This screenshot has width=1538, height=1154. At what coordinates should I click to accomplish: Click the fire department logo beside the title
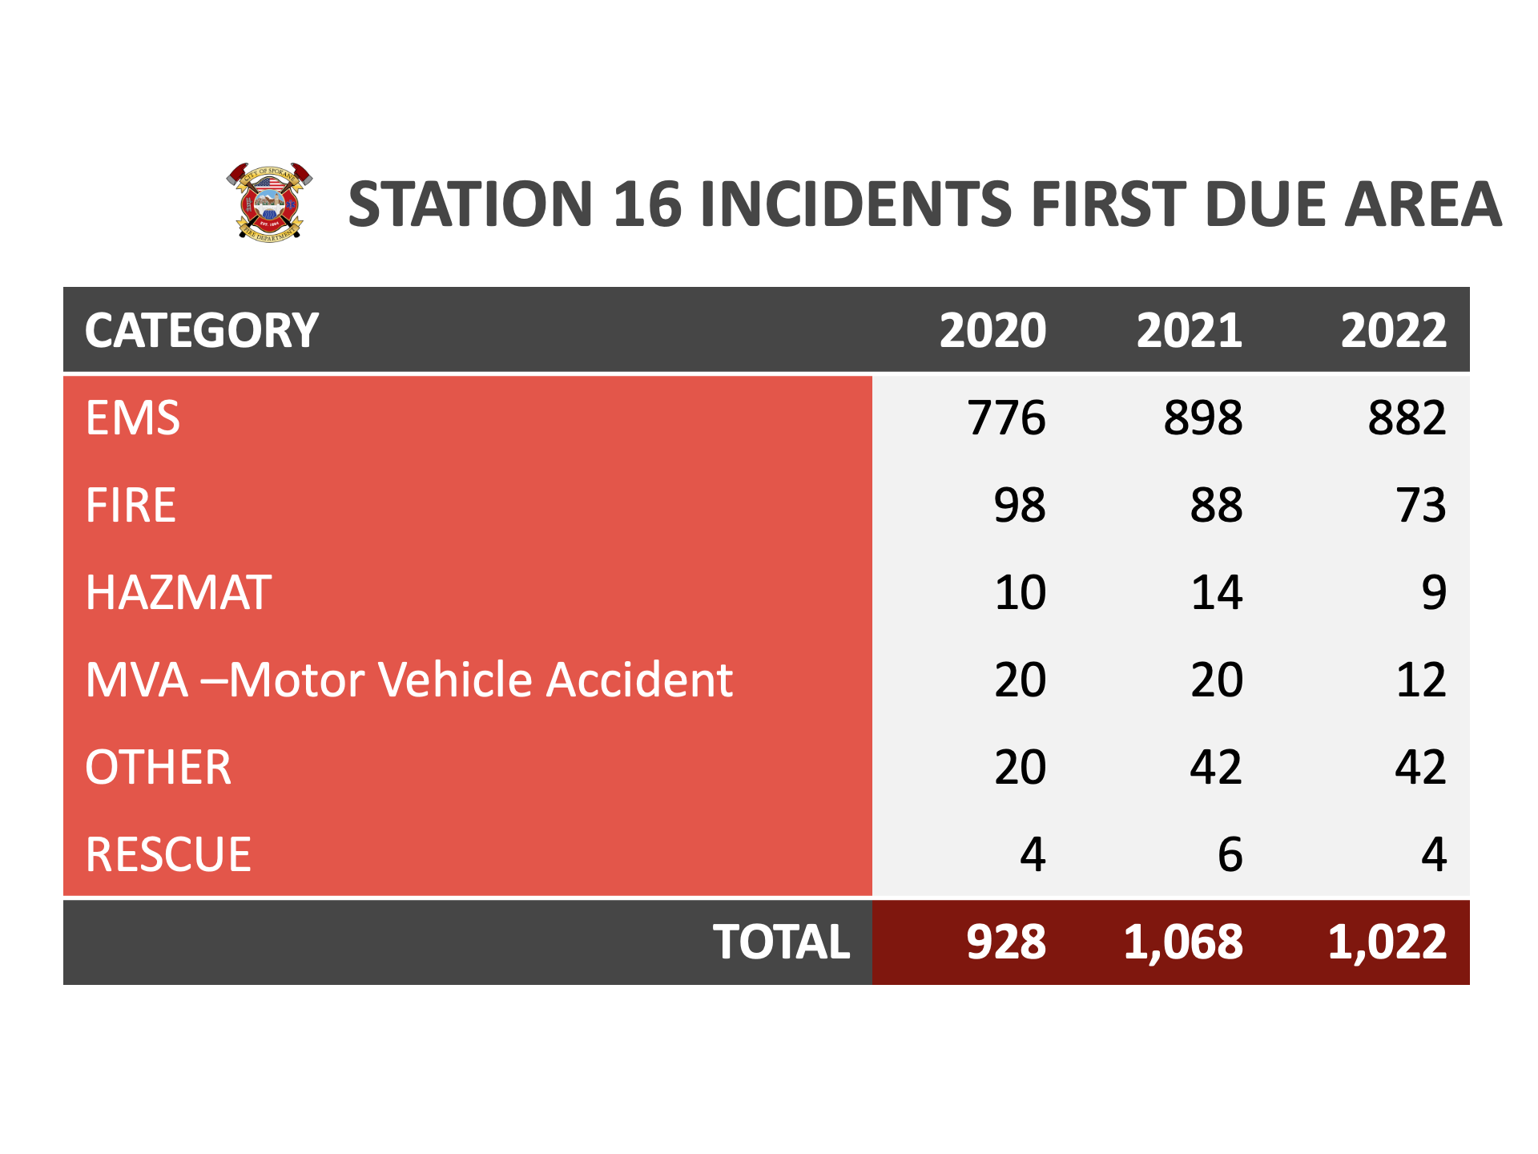269,201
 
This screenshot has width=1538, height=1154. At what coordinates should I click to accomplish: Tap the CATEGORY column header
202,330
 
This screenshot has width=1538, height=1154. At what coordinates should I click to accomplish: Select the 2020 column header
992,330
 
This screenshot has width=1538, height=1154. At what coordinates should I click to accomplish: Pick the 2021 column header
1190,330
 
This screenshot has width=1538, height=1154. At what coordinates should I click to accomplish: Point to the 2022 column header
1394,330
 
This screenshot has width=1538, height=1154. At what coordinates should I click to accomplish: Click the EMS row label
133,418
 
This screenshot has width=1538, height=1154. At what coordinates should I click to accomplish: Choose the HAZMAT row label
179,592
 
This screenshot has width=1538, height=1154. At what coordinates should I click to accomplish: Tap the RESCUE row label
168,854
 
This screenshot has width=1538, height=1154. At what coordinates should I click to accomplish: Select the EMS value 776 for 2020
1007,418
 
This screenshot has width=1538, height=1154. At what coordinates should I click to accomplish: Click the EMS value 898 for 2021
1203,418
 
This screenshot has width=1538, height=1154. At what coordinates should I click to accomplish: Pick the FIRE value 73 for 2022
1421,505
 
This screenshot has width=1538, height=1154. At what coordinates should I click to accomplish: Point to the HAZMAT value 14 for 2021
1217,592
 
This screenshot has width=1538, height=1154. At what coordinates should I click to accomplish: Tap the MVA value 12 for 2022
1421,680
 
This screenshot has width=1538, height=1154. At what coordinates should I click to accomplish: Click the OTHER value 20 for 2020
1021,767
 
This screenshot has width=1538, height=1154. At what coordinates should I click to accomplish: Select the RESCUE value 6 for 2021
1230,854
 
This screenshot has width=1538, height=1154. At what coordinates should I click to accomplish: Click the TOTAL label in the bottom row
782,942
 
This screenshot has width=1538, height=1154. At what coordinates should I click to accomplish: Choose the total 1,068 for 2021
1183,942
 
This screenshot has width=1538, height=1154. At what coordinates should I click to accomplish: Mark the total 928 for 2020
1006,942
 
